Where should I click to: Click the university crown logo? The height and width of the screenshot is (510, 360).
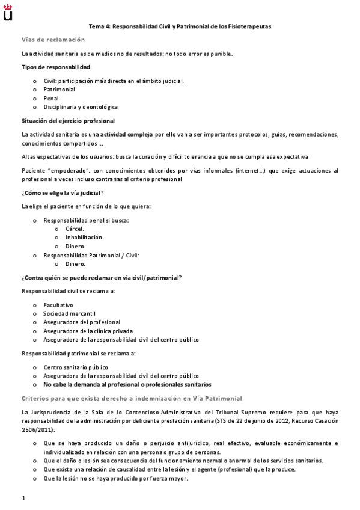tap(7, 11)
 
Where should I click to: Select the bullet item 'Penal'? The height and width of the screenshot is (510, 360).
tap(50, 97)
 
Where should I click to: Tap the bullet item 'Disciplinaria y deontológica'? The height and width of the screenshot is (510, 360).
tap(80, 106)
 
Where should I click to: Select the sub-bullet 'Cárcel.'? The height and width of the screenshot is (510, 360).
tap(75, 229)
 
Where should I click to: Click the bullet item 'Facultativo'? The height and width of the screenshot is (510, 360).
tap(58, 305)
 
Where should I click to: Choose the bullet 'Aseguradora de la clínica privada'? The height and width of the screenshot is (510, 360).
tap(88, 331)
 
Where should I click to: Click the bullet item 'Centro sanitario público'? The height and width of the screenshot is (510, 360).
tap(75, 367)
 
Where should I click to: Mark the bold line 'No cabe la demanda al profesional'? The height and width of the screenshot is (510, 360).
tap(127, 384)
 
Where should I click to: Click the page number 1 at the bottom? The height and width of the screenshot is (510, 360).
tap(23, 499)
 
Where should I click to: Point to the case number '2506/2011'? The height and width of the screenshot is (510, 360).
tap(37, 431)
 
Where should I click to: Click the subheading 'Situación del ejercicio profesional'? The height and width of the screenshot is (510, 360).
tap(68, 121)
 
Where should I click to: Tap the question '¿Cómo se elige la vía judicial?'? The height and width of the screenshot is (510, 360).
tap(63, 192)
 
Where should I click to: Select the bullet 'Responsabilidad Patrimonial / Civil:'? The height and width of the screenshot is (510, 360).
tap(91, 255)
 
